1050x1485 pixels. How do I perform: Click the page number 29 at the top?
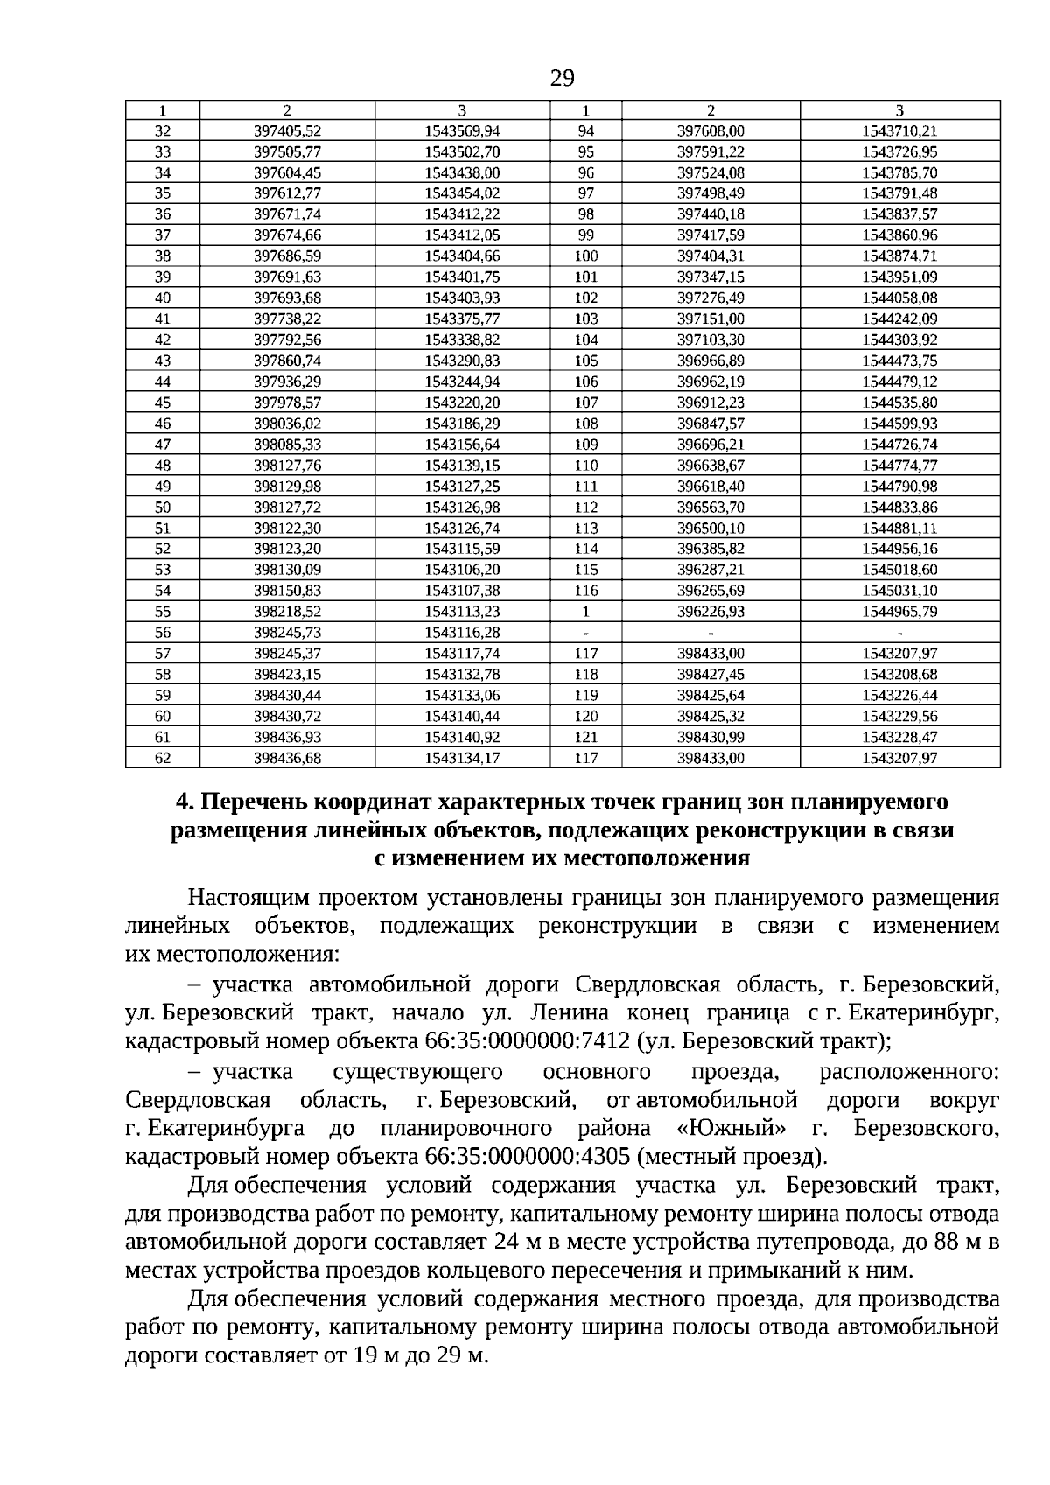(x=563, y=80)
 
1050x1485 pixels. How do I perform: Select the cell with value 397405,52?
(x=287, y=131)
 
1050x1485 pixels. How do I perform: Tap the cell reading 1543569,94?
(x=462, y=131)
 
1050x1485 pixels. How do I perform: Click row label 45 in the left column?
(x=163, y=403)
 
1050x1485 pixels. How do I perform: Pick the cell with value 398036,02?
(x=287, y=424)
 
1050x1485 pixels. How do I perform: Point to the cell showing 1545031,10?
(x=899, y=591)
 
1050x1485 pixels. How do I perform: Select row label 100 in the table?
(x=585, y=256)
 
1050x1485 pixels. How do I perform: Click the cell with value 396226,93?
(x=710, y=612)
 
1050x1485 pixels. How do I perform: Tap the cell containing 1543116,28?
(x=462, y=633)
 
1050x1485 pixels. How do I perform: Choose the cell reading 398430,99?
(x=710, y=738)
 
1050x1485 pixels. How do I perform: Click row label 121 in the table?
(x=585, y=738)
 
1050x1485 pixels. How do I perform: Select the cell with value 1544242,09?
(x=899, y=319)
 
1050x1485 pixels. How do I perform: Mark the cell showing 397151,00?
(x=710, y=319)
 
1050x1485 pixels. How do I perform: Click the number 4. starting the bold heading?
(x=183, y=802)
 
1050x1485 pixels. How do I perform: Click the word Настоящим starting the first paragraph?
(x=246, y=898)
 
